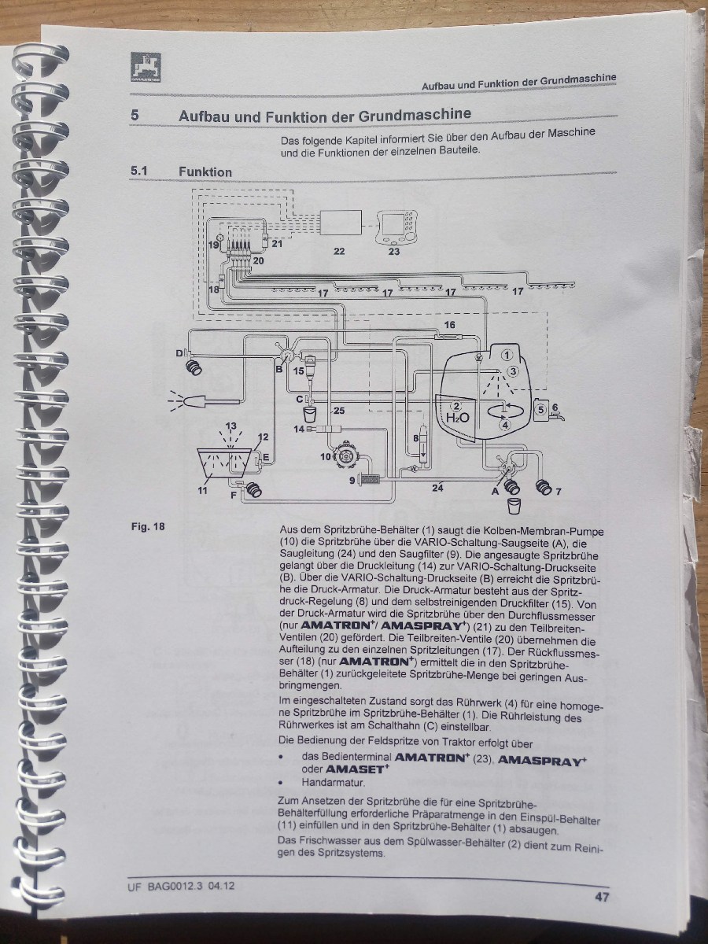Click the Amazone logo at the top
tap(146, 68)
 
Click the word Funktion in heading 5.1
tap(205, 172)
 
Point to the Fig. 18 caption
tap(148, 526)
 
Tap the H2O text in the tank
tap(457, 417)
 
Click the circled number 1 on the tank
tap(507, 356)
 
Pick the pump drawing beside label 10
tap(346, 455)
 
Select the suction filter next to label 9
tap(372, 478)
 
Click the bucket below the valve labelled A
tap(514, 506)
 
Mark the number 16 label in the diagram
tap(450, 325)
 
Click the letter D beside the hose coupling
tap(179, 353)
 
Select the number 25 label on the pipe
tap(339, 411)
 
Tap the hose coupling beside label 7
tap(544, 486)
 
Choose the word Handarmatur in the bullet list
tap(334, 782)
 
